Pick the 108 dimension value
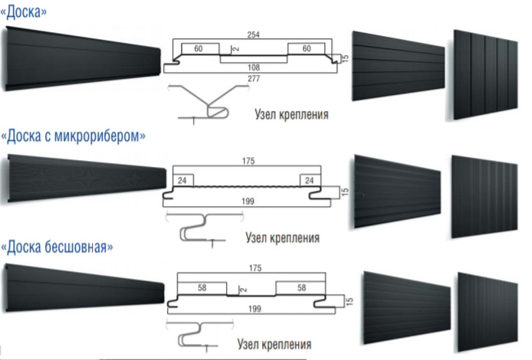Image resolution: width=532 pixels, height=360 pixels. tap(254, 67)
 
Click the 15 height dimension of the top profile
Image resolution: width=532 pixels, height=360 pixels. tap(346, 57)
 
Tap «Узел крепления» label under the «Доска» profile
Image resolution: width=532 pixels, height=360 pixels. tap(290, 116)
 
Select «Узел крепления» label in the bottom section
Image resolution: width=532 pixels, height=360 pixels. tap(274, 343)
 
